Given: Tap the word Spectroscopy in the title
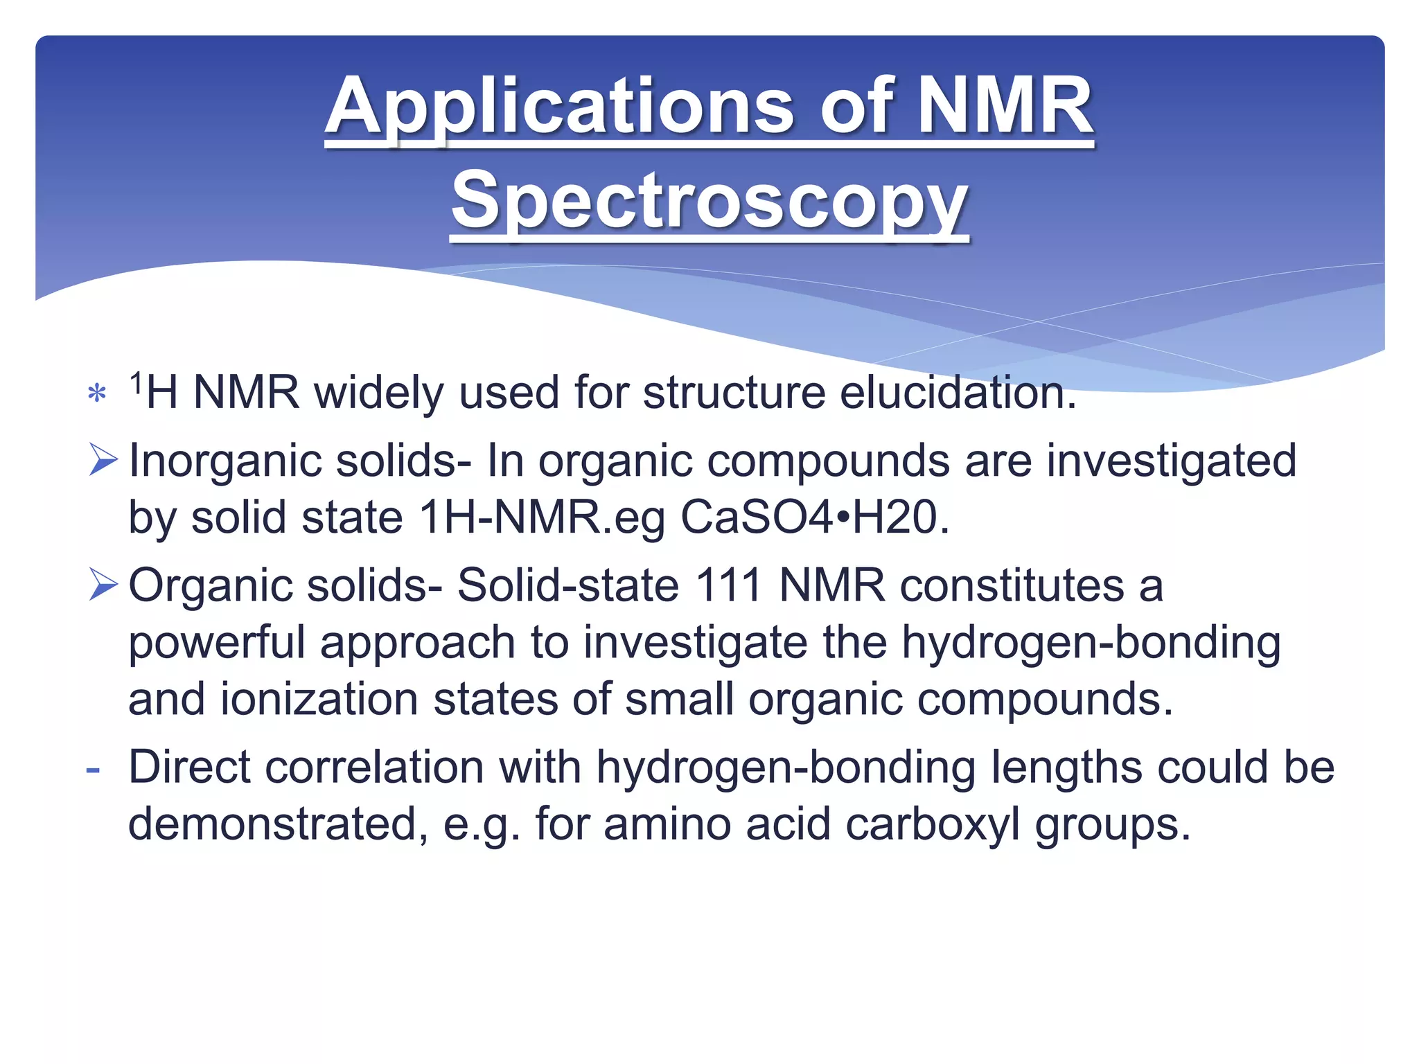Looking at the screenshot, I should (x=709, y=202).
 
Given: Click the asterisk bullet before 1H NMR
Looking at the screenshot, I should (x=97, y=394).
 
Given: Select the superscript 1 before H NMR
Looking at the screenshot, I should (x=136, y=382).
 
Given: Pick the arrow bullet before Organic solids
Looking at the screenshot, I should (x=103, y=585).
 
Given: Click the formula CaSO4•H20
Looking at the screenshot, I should (x=815, y=517).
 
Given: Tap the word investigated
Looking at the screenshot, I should (x=1171, y=461).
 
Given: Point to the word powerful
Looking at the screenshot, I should (x=217, y=643).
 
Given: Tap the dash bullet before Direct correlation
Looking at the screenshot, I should (x=93, y=769).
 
